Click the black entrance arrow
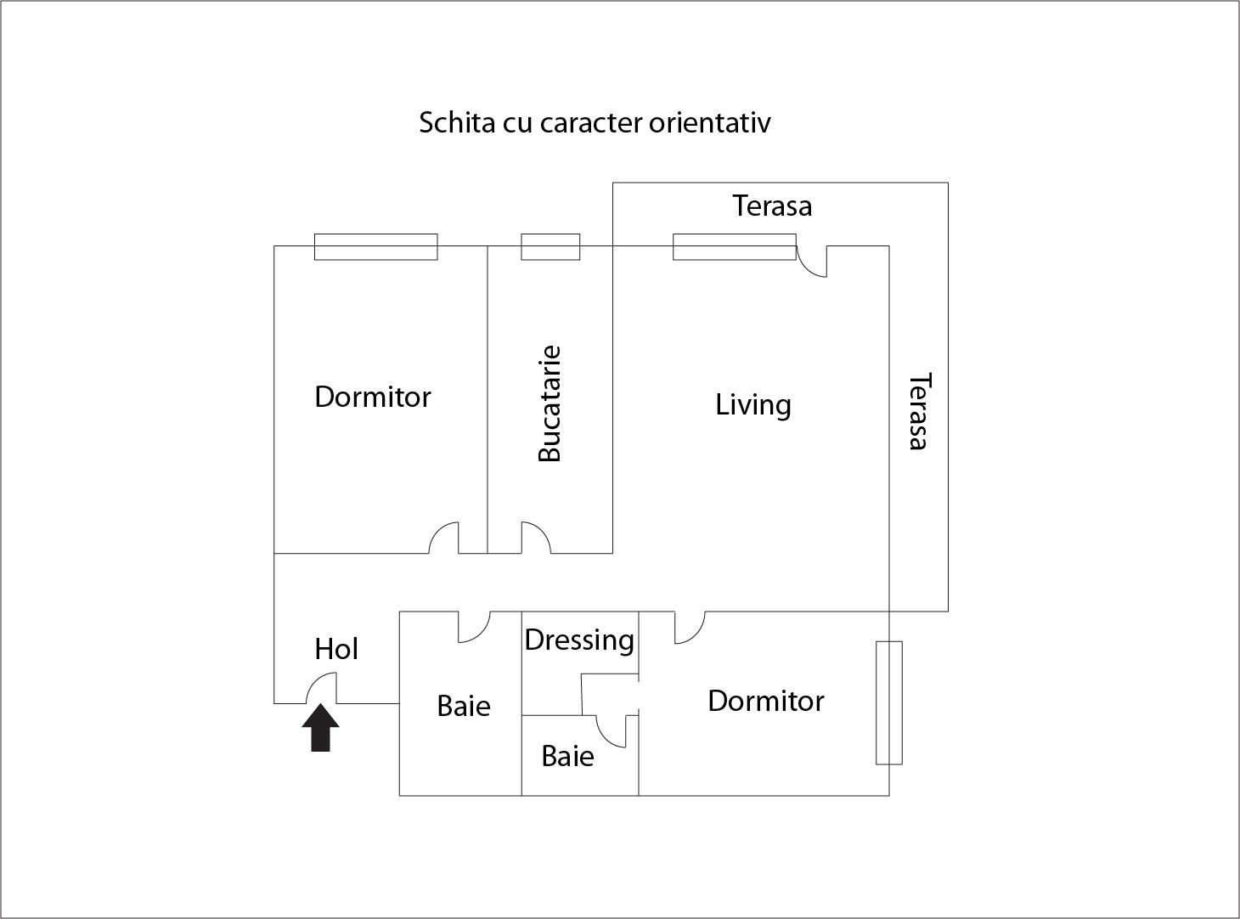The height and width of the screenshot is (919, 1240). coord(320,729)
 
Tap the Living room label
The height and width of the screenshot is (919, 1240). coord(752,404)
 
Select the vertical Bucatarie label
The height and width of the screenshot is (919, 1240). coord(550,403)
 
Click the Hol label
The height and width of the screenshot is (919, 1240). coord(336,649)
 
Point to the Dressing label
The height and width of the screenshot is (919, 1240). coord(579,640)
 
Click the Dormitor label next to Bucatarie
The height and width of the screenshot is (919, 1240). coord(373,397)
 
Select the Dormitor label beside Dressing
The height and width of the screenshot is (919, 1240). coord(765,701)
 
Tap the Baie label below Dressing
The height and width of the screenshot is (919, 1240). coord(567,756)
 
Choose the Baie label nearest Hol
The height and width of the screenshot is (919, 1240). coord(464,706)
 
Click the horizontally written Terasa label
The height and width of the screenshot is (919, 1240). coord(772,206)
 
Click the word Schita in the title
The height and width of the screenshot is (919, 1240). coord(457,122)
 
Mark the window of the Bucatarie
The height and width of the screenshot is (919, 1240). coord(550,246)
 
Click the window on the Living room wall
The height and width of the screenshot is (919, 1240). coord(735,246)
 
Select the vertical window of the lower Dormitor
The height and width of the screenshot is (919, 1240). coord(889,702)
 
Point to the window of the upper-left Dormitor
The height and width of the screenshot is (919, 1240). coord(375,246)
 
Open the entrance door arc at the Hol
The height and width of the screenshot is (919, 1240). coord(321,688)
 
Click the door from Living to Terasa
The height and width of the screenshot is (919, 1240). coord(812,261)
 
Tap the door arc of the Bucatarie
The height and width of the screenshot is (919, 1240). coord(535,538)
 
